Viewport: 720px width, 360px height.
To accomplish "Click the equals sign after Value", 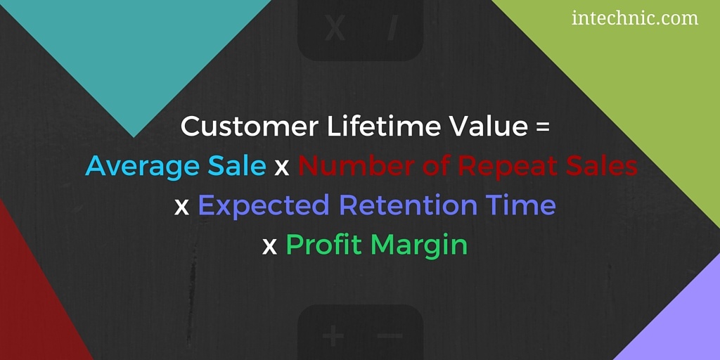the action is coord(542,127).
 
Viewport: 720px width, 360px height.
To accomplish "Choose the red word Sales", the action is coord(602,166).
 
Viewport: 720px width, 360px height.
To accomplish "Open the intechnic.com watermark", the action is coord(635,18).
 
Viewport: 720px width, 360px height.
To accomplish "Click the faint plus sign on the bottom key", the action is coord(333,337).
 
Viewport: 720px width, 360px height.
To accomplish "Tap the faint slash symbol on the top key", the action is coord(391,28).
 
